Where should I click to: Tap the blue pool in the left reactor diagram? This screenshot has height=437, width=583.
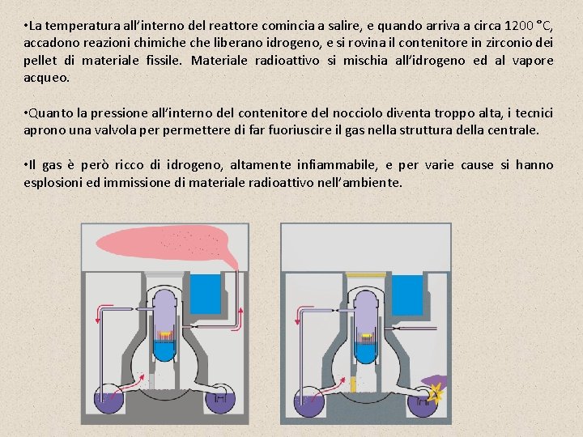point(205,295)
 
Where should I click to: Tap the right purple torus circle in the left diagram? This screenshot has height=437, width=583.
point(219,399)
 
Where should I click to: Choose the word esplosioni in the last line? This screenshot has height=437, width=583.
point(53,183)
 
